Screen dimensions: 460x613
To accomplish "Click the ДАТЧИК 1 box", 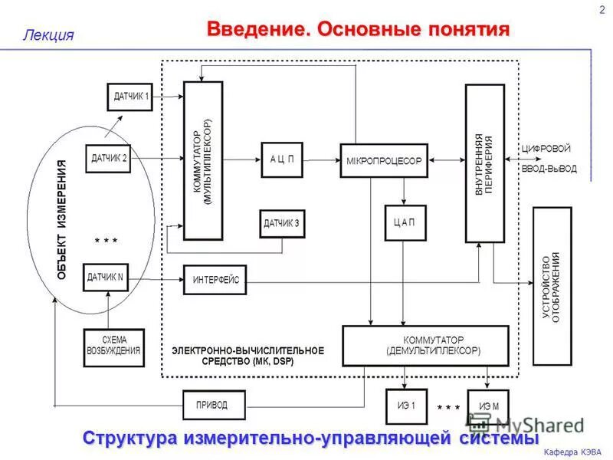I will tap(129, 97).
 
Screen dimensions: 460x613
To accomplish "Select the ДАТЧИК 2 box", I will tap(108, 159).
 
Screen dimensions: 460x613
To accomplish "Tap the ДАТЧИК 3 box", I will tap(281, 224).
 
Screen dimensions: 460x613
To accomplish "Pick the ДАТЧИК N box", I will tap(105, 277).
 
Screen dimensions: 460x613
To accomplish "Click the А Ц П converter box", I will tap(282, 159).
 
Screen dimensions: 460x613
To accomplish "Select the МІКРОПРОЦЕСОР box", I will tap(382, 160).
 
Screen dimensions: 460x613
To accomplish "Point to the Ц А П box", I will tap(405, 222).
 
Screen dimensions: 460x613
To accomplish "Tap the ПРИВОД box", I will tap(211, 404).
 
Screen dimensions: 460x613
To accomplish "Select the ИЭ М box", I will tap(488, 404).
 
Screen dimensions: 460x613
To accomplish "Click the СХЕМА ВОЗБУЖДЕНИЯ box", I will tap(113, 347).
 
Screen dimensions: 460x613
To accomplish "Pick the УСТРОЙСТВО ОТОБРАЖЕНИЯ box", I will tap(552, 286).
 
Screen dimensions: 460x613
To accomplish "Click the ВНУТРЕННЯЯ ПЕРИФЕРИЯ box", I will tap(484, 163).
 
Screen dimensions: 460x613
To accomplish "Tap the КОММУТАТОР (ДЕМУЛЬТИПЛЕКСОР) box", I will tap(425, 345).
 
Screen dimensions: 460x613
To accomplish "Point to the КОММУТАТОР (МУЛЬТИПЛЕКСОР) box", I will tap(203, 161).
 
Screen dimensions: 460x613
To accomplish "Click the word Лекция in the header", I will tap(48, 34).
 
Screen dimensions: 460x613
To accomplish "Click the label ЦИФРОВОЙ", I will tap(546, 148).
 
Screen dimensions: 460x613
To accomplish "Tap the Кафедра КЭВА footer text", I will tap(572, 451).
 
